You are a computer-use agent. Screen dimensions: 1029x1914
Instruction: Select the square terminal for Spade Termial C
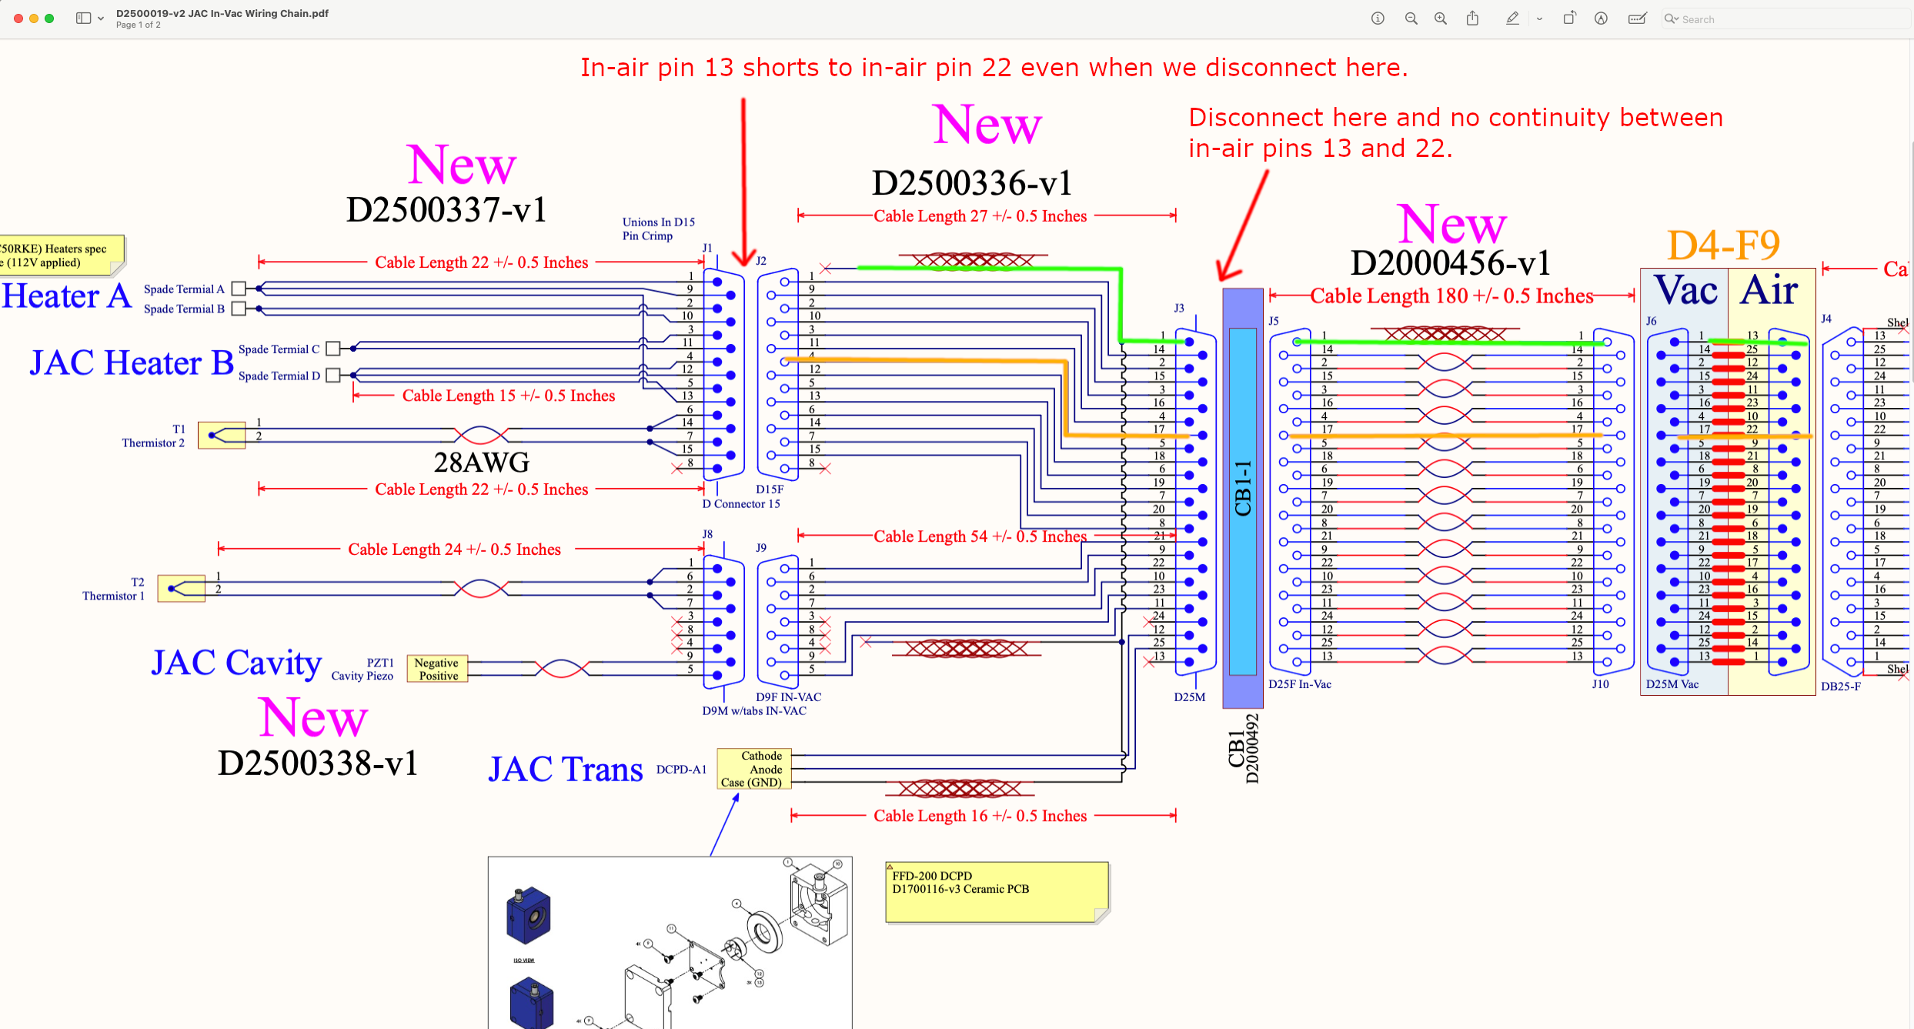333,349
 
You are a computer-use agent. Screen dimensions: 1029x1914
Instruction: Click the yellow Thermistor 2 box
222,436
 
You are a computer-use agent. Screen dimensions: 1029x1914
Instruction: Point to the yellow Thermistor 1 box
182,589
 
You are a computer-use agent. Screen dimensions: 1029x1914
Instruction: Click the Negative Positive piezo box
436,669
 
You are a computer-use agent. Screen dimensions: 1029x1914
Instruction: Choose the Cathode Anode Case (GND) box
753,769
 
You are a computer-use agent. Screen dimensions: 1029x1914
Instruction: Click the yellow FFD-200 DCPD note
997,891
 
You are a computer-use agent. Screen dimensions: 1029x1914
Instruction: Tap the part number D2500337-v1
446,209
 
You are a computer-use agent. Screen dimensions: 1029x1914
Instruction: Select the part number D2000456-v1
1450,263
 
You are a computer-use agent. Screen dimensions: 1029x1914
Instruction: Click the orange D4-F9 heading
1723,246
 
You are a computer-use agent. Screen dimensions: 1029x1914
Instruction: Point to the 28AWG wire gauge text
482,462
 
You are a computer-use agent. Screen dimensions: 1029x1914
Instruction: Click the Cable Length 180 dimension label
1451,296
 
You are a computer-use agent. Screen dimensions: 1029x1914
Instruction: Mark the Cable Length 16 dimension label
980,816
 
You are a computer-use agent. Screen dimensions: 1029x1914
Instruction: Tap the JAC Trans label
566,770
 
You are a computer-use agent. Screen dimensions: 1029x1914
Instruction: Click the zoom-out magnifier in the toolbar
1411,18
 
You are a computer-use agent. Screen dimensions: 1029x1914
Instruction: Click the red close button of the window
18,18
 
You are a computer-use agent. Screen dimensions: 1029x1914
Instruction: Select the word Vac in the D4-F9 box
1685,291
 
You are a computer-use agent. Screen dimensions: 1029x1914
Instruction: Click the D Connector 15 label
740,504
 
